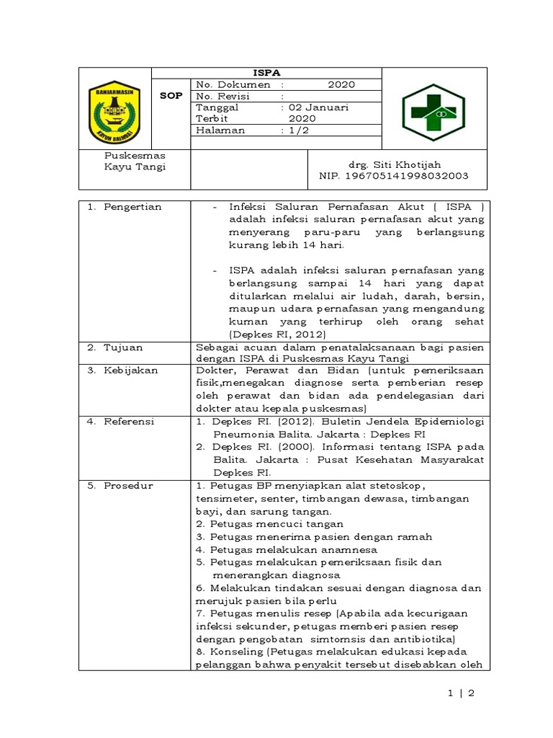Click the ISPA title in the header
(267, 73)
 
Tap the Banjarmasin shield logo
(114, 112)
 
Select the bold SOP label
(171, 96)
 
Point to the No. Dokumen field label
(233, 84)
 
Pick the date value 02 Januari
(318, 107)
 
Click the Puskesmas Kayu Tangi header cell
(135, 161)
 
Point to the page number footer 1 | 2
(461, 693)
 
